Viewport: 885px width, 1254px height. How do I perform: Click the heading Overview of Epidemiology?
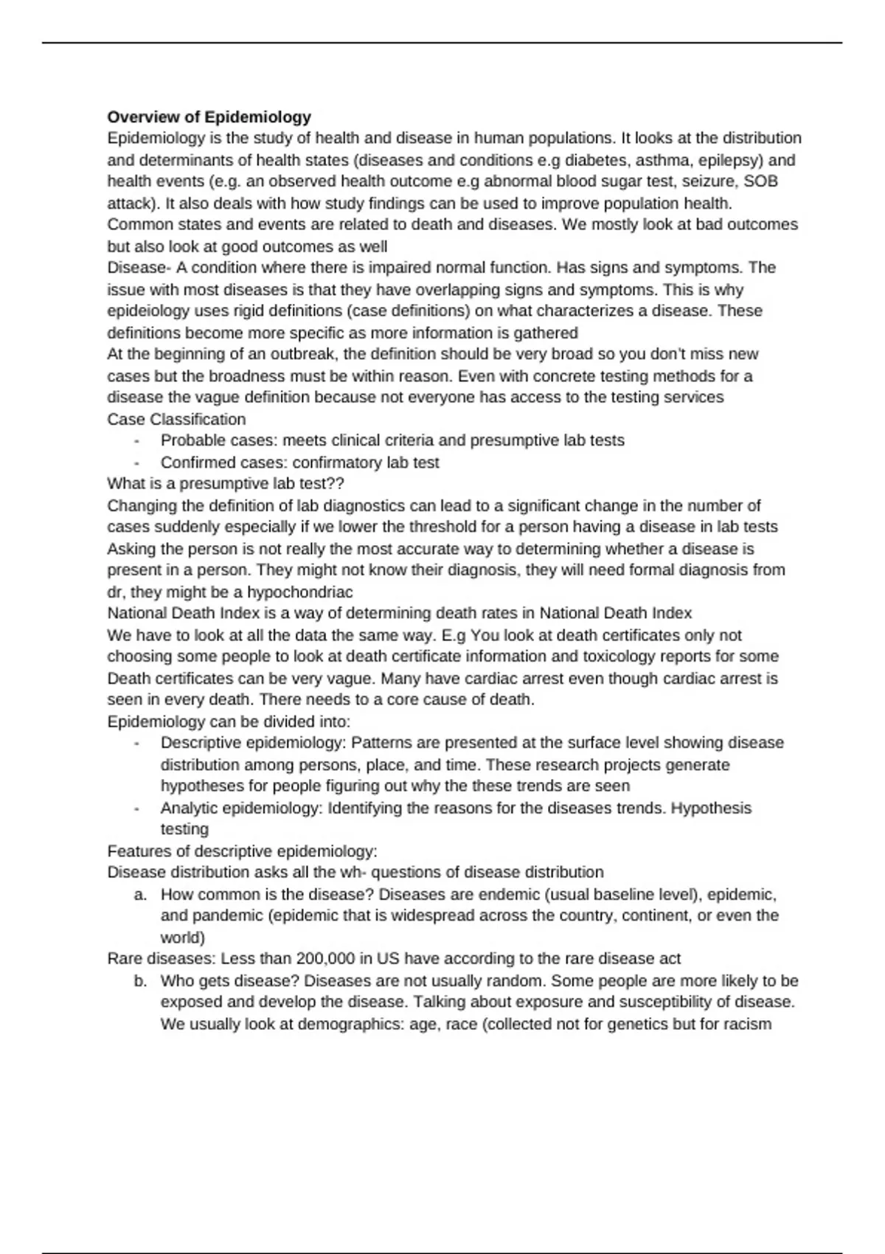pyautogui.click(x=209, y=117)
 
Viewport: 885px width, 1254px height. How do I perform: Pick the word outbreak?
pyautogui.click(x=305, y=354)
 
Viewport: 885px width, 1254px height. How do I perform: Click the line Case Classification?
pyautogui.click(x=176, y=419)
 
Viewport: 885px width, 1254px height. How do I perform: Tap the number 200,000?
pyautogui.click(x=324, y=959)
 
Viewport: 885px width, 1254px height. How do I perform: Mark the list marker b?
pyautogui.click(x=140, y=981)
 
